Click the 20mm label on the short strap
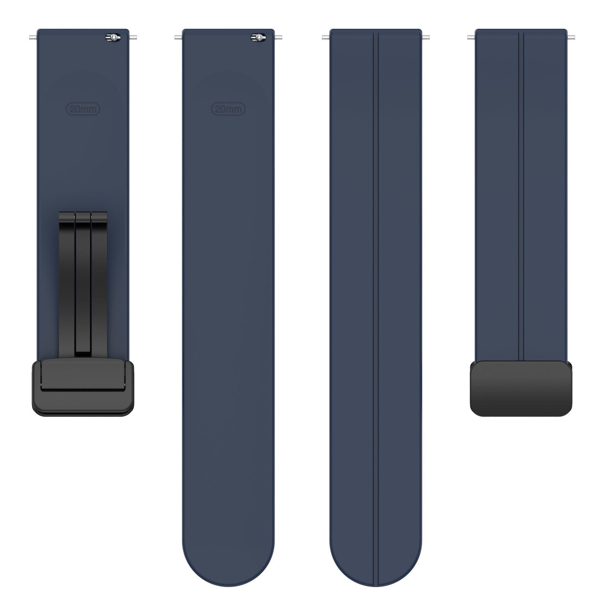(83, 109)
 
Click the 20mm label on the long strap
(228, 109)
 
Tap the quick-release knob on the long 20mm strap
(258, 37)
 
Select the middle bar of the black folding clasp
(83, 283)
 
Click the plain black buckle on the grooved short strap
(521, 388)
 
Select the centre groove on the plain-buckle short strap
(521, 190)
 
